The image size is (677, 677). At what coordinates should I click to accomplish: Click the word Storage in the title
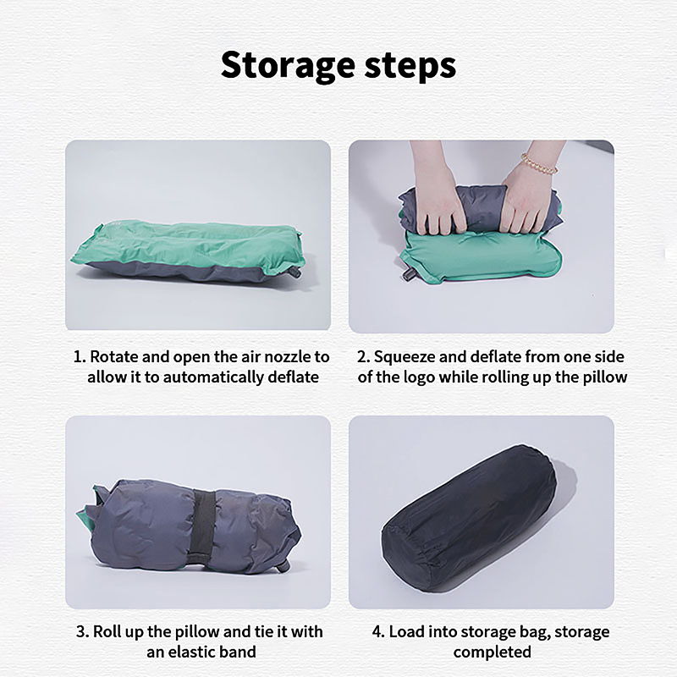(289, 66)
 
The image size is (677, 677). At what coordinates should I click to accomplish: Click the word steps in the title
(410, 66)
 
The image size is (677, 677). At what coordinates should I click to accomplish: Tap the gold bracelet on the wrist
(539, 163)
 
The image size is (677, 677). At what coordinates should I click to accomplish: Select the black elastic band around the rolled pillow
(204, 523)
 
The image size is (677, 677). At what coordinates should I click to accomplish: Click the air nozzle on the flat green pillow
(295, 272)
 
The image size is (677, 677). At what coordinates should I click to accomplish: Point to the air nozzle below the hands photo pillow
(409, 274)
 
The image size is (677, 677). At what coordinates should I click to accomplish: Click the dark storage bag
(469, 519)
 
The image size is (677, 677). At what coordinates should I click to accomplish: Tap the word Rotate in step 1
(114, 357)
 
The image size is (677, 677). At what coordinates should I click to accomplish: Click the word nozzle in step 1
(288, 357)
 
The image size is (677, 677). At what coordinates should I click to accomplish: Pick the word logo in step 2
(419, 377)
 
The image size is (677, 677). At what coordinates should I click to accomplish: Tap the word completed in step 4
(493, 652)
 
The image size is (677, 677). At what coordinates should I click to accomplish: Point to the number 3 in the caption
(80, 632)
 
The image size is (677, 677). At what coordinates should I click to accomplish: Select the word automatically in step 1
(214, 377)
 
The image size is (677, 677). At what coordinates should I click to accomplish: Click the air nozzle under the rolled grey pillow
(283, 566)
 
